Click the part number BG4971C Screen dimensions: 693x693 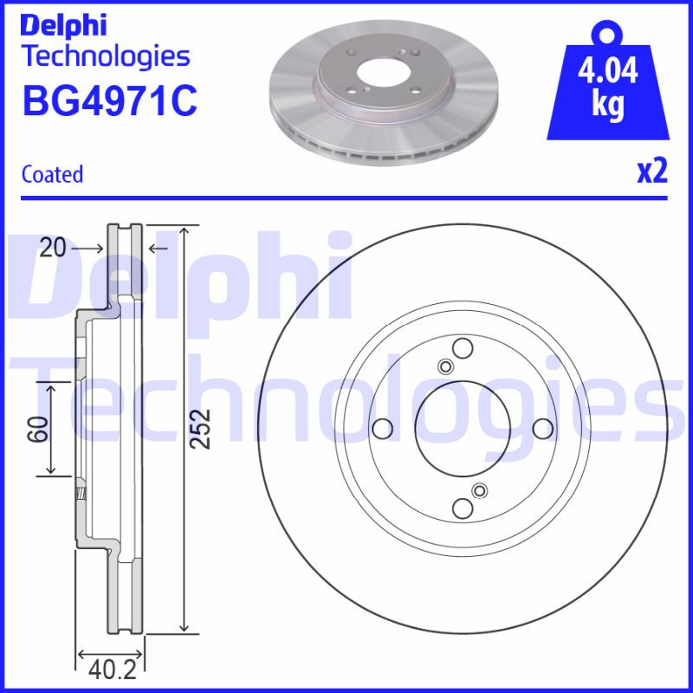109,100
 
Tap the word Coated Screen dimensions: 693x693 52,174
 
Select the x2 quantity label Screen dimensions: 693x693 651,172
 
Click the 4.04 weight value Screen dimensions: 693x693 607,70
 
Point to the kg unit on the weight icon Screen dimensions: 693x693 607,106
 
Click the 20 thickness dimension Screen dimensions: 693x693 53,249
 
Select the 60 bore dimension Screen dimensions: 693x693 37,428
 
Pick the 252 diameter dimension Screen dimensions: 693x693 201,428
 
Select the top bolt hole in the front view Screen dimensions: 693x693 463,348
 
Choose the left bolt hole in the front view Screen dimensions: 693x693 380,428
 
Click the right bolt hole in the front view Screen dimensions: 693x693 542,428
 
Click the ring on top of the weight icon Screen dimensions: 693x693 606,33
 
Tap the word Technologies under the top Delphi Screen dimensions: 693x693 106,56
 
